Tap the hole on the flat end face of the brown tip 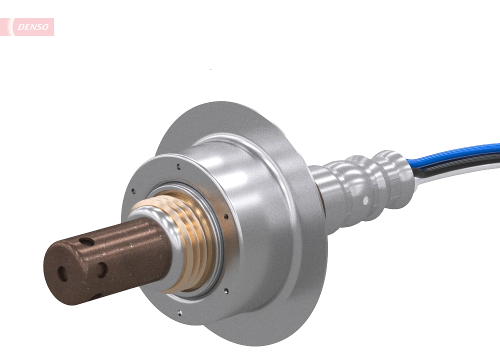coord(62,273)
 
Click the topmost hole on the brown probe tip coord(86,242)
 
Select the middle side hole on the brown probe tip coord(101,270)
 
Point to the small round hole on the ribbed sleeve coord(366,200)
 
